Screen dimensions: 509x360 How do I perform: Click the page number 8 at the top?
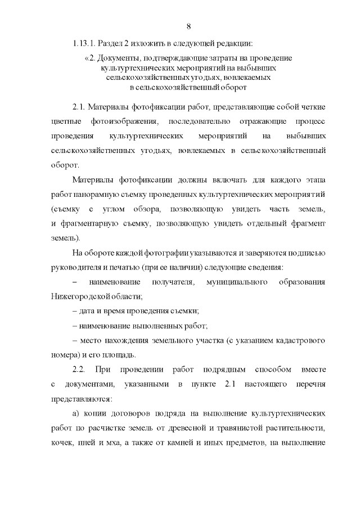(x=188, y=26)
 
